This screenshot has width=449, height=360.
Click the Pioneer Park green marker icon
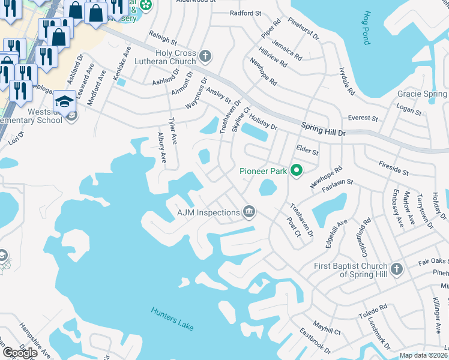296,171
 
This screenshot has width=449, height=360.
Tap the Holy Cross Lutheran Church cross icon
205,57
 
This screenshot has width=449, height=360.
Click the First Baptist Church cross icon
396,269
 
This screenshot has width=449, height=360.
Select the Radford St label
246,13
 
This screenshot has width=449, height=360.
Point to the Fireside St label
394,168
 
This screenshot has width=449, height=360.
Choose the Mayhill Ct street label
327,329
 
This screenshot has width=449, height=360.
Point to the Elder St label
307,149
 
